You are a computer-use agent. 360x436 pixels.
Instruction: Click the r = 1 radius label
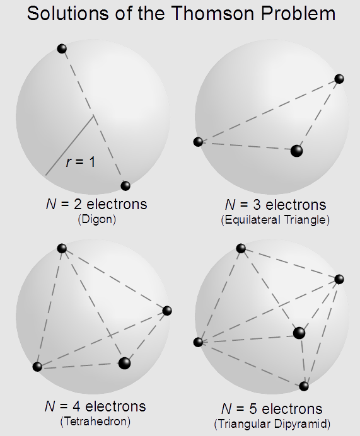[81, 162]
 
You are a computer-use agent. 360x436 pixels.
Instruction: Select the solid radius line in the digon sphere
[69, 146]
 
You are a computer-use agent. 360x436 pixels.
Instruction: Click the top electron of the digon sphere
[62, 49]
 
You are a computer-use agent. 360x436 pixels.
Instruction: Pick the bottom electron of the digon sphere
[125, 185]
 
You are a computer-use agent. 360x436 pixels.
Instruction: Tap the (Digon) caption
[96, 219]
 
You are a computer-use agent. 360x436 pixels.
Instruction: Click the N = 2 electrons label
[96, 204]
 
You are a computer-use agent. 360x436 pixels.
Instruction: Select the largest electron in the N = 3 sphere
[296, 151]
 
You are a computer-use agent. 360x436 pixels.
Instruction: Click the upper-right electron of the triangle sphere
[339, 79]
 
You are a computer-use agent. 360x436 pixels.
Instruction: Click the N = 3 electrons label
[276, 205]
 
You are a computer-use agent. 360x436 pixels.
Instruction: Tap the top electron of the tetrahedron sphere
[62, 248]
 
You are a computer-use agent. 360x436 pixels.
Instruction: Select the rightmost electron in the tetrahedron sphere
[167, 311]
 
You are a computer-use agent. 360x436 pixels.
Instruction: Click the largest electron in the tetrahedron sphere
[124, 363]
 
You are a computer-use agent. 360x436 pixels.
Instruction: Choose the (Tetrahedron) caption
[95, 422]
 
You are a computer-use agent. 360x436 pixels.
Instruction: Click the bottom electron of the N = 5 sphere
[304, 386]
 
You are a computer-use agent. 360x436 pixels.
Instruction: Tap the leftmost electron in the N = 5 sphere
[198, 342]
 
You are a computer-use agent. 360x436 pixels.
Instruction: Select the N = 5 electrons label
[272, 409]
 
